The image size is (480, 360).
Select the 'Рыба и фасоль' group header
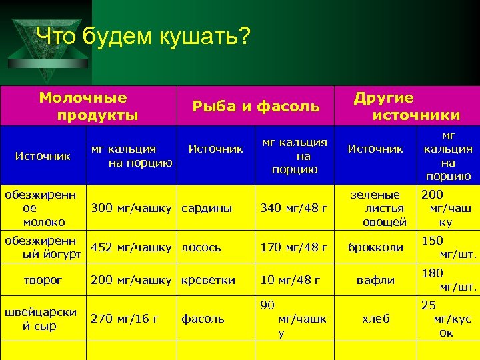point(255,106)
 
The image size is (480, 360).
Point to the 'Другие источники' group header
point(404,107)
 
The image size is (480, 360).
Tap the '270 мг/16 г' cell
point(125,319)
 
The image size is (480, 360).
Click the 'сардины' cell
point(207,208)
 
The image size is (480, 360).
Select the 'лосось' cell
point(203,247)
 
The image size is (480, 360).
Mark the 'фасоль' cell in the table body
point(203,319)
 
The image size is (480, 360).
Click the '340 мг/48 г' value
point(293,208)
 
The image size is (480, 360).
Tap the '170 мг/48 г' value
point(293,247)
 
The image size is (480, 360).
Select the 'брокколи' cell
point(376,247)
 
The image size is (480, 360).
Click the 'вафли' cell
point(376,280)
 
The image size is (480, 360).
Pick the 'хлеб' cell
point(376,319)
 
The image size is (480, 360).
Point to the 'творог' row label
point(43,280)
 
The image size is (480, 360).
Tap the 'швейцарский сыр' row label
point(41,319)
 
